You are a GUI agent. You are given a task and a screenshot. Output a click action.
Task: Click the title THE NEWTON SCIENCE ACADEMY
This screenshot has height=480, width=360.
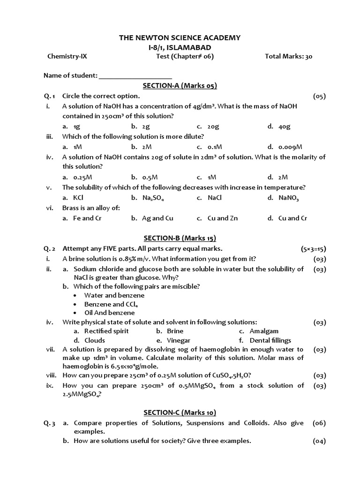point(180,37)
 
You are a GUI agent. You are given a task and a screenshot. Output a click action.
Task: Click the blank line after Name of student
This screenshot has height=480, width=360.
point(135,76)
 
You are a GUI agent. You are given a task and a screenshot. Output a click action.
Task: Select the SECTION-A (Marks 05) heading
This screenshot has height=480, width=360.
point(180,85)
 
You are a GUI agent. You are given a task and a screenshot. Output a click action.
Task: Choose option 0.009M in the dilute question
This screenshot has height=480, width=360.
point(290,146)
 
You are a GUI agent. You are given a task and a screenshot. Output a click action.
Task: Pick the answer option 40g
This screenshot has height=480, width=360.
point(284,126)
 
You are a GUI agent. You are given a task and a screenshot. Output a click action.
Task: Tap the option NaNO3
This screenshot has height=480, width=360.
point(288,198)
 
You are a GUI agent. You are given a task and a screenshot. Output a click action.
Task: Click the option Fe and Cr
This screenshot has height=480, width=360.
point(87,218)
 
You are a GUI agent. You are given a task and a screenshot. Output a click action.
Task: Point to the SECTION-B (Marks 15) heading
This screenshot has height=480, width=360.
point(180,238)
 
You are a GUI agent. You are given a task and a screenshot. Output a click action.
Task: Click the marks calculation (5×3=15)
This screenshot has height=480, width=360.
point(313,248)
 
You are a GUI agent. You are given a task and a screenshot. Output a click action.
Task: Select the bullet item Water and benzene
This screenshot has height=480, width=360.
point(114,295)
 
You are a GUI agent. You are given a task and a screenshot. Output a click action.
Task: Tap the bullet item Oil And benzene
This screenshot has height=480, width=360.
point(109,313)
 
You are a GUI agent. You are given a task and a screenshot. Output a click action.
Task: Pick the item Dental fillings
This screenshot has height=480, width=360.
point(270,340)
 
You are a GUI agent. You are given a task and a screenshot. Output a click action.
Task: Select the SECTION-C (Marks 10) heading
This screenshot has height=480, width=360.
point(180,412)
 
